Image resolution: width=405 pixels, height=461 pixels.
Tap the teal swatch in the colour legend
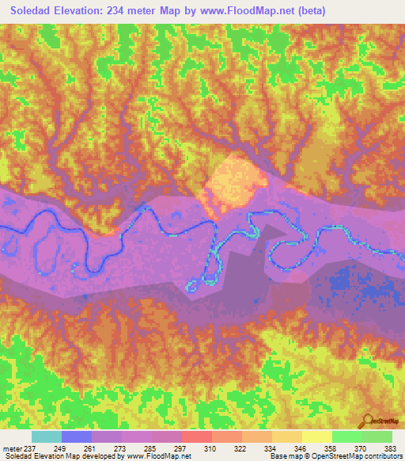pyautogui.click(x=47, y=436)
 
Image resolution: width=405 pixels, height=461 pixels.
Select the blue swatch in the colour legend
pyautogui.click(x=77, y=436)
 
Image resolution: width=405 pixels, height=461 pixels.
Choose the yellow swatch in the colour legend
pyautogui.click(x=317, y=436)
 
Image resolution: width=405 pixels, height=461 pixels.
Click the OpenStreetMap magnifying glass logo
pyautogui.click(x=367, y=421)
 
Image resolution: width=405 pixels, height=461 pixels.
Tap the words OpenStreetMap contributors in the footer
pyautogui.click(x=365, y=457)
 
